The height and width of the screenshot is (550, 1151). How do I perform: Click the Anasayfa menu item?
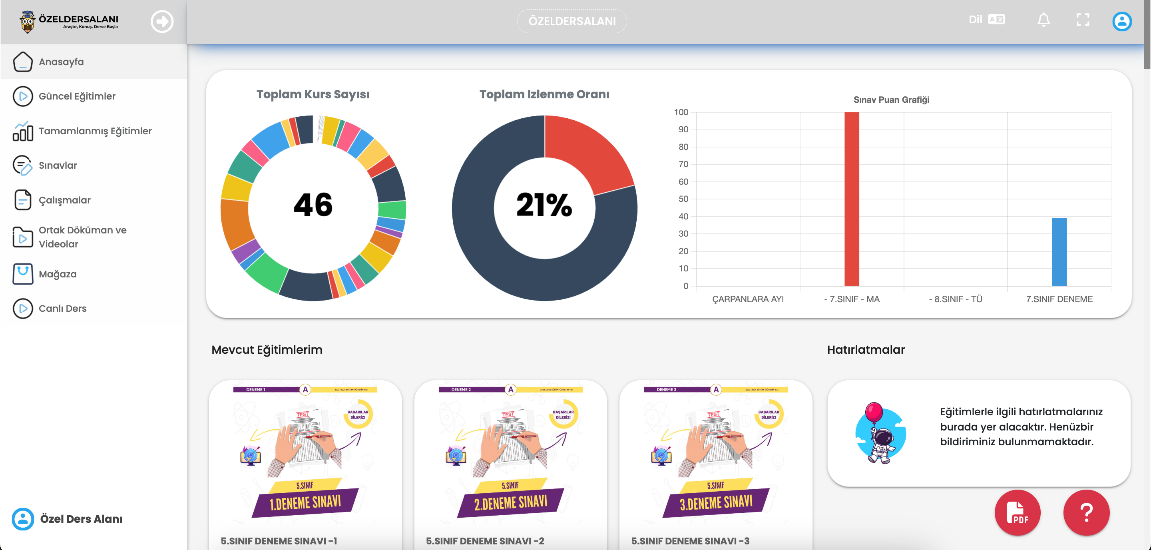pyautogui.click(x=61, y=62)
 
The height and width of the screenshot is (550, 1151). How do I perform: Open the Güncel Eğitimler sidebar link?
pyautogui.click(x=77, y=96)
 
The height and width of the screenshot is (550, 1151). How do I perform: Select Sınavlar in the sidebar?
pyautogui.click(x=58, y=165)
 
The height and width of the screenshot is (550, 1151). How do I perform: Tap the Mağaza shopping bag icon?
pyautogui.click(x=23, y=273)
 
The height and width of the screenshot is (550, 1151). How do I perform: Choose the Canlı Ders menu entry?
pyautogui.click(x=63, y=308)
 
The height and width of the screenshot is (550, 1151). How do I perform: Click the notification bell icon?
pyautogui.click(x=1043, y=20)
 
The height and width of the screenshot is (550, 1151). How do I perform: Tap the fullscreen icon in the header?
pyautogui.click(x=1083, y=20)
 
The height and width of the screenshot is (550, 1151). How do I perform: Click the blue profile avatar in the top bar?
pyautogui.click(x=1121, y=21)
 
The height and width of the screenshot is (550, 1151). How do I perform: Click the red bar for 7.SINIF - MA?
pyautogui.click(x=852, y=199)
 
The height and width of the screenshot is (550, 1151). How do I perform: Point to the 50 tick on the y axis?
pyautogui.click(x=683, y=199)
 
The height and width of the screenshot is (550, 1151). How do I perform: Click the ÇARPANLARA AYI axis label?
pyautogui.click(x=747, y=299)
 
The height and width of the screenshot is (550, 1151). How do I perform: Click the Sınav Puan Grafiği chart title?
pyautogui.click(x=891, y=100)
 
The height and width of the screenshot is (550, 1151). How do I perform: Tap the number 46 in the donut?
pyautogui.click(x=313, y=205)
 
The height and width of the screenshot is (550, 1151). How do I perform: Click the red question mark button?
pyautogui.click(x=1086, y=512)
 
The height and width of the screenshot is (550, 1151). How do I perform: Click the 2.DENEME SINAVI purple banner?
pyautogui.click(x=511, y=503)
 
